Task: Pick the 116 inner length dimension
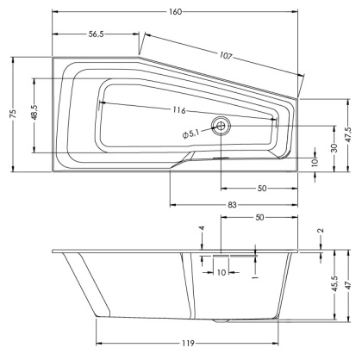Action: click(179, 111)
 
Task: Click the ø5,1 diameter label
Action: click(191, 132)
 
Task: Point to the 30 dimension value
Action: click(333, 148)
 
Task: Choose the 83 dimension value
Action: click(234, 205)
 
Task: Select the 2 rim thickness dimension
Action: click(320, 232)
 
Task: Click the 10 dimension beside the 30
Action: click(315, 163)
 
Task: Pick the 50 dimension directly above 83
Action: click(259, 188)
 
